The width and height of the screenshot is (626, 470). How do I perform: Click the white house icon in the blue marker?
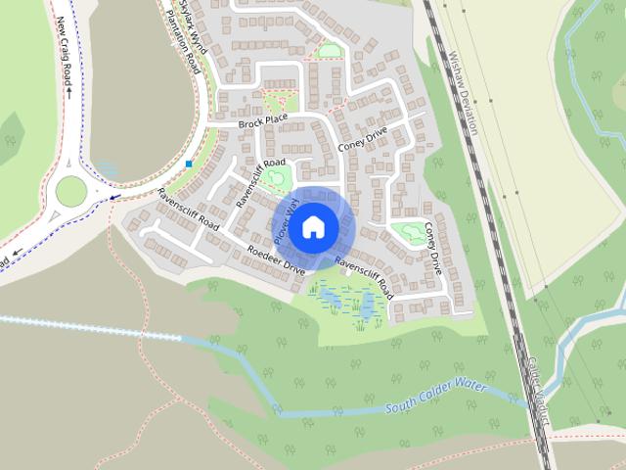pos(313,227)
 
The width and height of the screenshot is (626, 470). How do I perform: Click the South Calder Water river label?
pos(436,395)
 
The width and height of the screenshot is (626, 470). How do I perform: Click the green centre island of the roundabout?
pos(71,190)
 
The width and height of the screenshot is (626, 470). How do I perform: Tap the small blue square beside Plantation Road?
pos(188,164)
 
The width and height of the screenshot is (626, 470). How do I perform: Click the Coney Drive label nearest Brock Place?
pos(363,140)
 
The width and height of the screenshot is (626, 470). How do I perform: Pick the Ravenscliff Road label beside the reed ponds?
pos(364,276)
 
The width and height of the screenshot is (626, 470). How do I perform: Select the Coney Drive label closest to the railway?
pos(433,246)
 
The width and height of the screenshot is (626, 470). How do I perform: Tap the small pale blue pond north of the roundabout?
pos(107,169)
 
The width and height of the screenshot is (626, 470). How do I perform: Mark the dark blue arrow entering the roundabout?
pos(116,196)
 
